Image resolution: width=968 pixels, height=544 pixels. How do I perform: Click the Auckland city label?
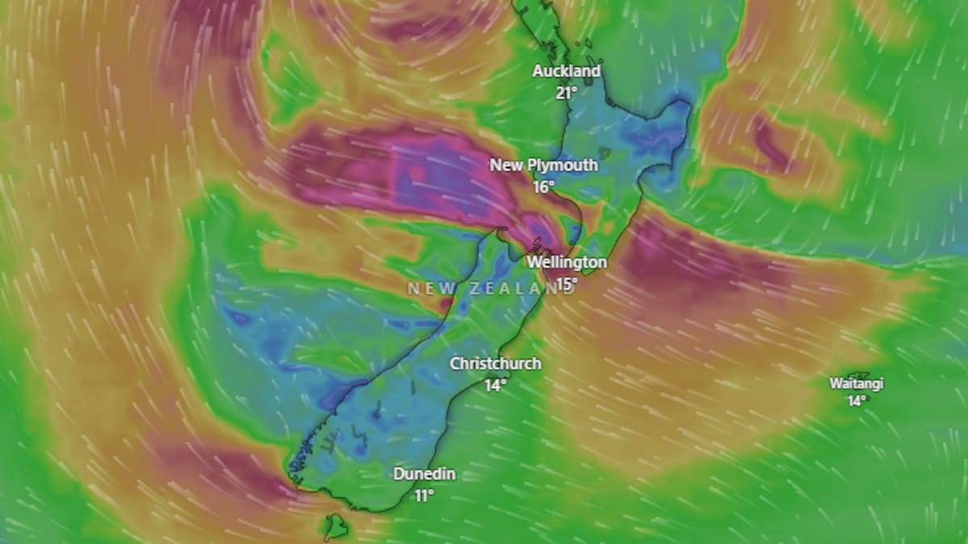[x=566, y=71]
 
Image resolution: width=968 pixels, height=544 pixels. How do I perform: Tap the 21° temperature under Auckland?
[x=565, y=92]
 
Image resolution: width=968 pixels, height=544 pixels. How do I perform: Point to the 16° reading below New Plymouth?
[x=543, y=186]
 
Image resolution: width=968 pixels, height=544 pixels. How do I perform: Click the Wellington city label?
[x=566, y=262]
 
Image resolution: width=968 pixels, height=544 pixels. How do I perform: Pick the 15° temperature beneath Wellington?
[x=566, y=283]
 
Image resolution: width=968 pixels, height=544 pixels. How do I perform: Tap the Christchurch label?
[x=495, y=363]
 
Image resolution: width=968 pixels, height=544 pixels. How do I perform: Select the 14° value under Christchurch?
[x=494, y=384]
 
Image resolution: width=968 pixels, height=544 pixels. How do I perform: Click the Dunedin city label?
[x=424, y=474]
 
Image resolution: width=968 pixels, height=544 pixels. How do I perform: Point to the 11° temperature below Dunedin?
[x=424, y=495]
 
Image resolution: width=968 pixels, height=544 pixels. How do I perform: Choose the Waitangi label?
[x=857, y=384]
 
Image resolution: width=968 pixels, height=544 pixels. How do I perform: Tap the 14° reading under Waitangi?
[x=857, y=400]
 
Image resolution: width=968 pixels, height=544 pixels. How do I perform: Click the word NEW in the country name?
[x=426, y=288]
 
